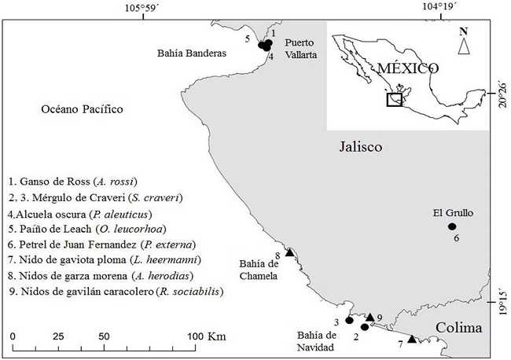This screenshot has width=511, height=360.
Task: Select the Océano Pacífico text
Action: click(x=83, y=109)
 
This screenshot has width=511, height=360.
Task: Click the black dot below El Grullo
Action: click(x=452, y=226)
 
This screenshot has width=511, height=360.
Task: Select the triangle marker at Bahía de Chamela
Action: click(x=289, y=252)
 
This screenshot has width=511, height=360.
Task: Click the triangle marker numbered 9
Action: click(x=369, y=317)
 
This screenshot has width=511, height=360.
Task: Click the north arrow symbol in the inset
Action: click(x=464, y=46)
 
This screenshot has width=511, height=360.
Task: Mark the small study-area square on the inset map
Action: click(x=395, y=100)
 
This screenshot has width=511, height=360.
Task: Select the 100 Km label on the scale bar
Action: click(x=207, y=336)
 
